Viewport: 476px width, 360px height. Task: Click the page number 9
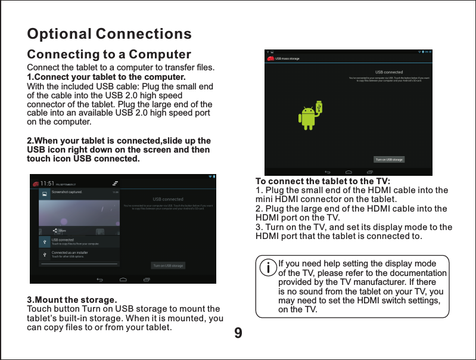click(x=238, y=332)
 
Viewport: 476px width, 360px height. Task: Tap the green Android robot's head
click(x=307, y=111)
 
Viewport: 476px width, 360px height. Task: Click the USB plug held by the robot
click(x=319, y=107)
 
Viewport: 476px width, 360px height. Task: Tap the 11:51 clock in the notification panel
click(x=48, y=184)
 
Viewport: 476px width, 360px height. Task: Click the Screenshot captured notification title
click(x=66, y=193)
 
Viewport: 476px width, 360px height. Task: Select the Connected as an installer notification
click(x=70, y=253)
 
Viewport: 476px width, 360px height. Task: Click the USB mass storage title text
click(x=287, y=58)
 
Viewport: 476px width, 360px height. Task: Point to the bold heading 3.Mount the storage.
click(x=72, y=299)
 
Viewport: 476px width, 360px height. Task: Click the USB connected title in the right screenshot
click(x=388, y=72)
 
